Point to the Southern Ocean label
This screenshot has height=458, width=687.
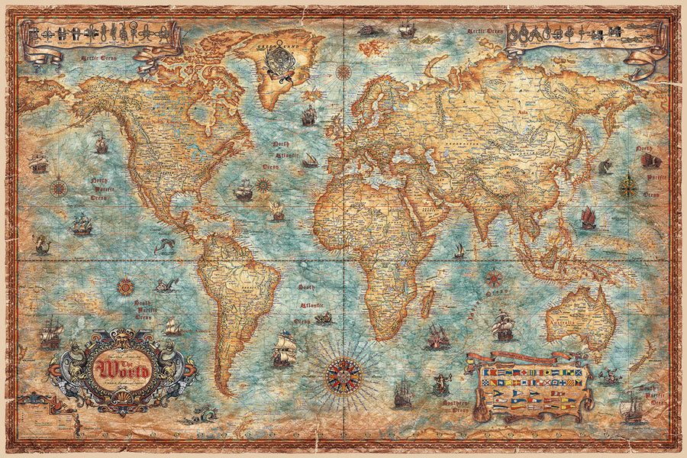[x=455, y=390]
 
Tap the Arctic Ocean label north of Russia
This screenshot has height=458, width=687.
[x=486, y=32]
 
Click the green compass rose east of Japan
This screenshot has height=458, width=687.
[x=628, y=186]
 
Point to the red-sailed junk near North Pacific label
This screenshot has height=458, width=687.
[x=588, y=218]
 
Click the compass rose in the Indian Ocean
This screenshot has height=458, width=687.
[x=493, y=278]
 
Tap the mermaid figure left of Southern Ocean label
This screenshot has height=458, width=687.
[x=440, y=383]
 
